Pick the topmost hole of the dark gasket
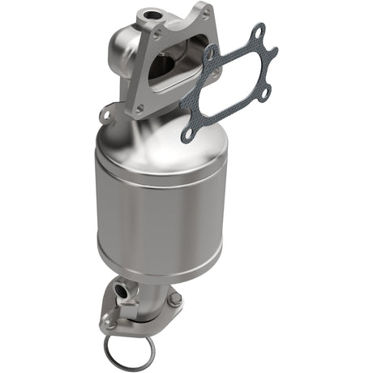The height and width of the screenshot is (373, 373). pos(259,31)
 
